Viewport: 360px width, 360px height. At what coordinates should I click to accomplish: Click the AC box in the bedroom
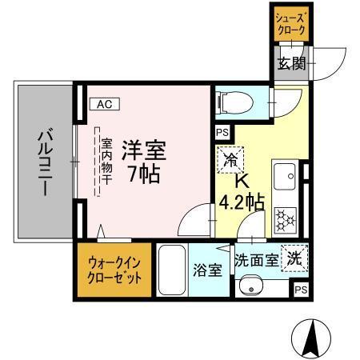point(106,103)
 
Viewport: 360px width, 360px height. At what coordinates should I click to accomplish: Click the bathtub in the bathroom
point(173,270)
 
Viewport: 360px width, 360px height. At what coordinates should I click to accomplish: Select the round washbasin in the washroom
point(253,285)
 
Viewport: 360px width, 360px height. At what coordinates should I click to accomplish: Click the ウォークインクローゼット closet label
point(114,270)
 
